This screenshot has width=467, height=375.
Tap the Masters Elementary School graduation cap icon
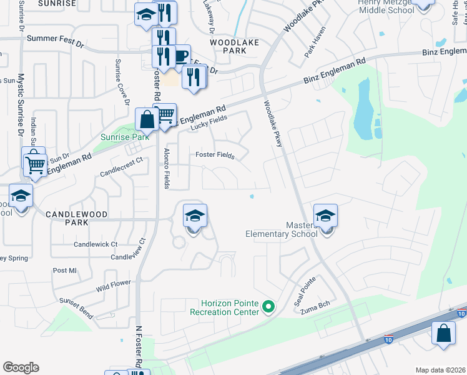325,216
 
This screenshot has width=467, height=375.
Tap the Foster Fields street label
215,156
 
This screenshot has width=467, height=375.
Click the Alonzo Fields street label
166,168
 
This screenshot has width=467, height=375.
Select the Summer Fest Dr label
55,44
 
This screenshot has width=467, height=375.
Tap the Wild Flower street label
114,287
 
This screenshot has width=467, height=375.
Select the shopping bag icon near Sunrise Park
147,119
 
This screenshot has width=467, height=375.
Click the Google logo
21,367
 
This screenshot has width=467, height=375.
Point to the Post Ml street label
64,271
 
